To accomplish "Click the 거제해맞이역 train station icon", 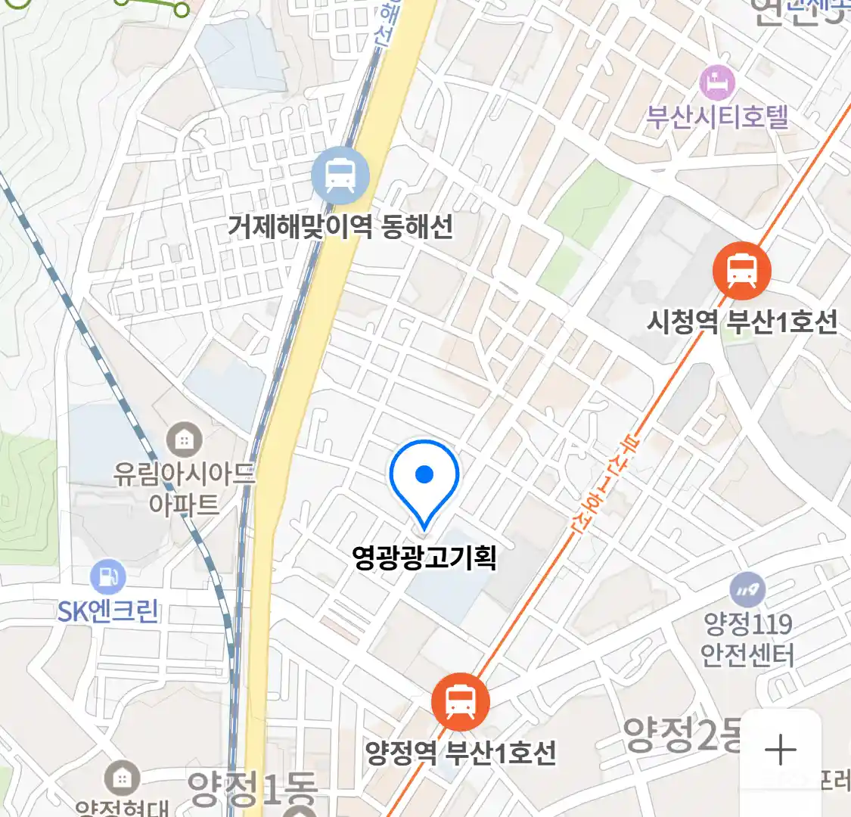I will (x=340, y=176).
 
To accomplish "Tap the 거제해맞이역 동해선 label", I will (x=340, y=226).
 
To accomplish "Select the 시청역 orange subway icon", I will (x=741, y=271).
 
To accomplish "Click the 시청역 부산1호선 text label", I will (x=742, y=322).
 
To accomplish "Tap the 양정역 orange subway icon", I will (x=461, y=701).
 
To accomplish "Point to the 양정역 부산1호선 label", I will (x=461, y=753).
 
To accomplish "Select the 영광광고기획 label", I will (x=424, y=558).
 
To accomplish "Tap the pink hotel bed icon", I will (x=717, y=82).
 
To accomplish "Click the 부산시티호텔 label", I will (x=717, y=117).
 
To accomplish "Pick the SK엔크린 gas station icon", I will (x=108, y=577).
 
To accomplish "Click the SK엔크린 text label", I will (x=108, y=611).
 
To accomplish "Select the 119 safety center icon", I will (x=747, y=590).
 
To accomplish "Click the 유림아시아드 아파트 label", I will (x=184, y=489).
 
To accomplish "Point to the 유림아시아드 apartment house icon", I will (x=184, y=439).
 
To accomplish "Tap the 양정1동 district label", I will (x=252, y=789).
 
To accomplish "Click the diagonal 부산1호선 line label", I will (x=606, y=485).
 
